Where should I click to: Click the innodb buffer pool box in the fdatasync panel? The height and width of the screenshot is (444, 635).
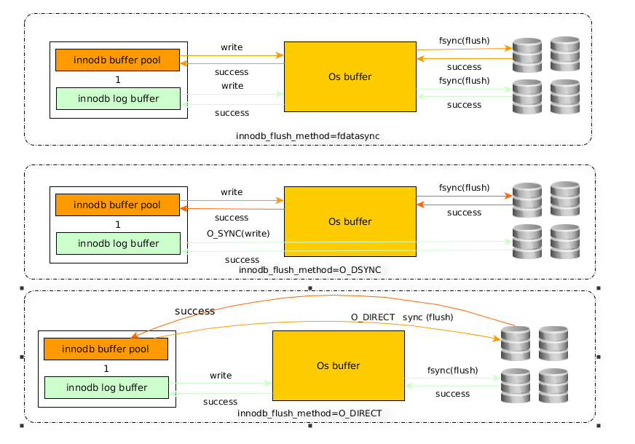[117, 60]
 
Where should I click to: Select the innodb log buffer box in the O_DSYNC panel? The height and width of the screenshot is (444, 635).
[118, 243]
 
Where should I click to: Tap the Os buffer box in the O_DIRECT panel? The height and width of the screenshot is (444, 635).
[339, 366]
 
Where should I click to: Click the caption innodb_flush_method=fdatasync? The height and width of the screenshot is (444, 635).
[308, 136]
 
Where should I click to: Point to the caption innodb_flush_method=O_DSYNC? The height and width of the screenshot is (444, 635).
[309, 270]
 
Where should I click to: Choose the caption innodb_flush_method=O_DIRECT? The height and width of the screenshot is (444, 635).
[309, 413]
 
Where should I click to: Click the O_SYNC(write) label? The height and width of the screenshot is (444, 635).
[238, 234]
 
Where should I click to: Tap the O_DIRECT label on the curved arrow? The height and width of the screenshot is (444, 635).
[373, 317]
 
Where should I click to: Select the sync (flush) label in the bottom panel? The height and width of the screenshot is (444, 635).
[427, 317]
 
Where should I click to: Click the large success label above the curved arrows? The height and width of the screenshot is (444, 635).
[194, 311]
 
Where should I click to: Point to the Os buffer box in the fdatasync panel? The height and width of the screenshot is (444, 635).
[350, 76]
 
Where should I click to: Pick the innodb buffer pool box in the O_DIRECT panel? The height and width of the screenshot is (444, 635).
[106, 349]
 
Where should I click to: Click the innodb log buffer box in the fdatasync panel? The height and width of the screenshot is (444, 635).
[118, 98]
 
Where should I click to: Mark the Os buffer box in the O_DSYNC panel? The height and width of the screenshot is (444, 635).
[350, 221]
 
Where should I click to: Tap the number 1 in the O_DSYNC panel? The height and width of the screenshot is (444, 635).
[118, 225]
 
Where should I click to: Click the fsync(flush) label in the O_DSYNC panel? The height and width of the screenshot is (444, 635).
[464, 188]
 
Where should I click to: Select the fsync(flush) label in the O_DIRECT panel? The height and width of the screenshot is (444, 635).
[452, 370]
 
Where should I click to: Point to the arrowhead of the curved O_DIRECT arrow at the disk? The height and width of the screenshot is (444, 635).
[500, 338]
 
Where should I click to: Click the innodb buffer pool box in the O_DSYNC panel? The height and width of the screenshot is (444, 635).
[117, 205]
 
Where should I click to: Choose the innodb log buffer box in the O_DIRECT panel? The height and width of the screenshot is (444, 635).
[106, 387]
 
